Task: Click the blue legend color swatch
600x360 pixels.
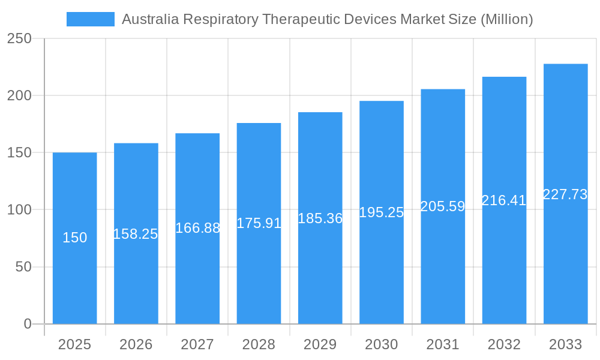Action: pyautogui.click(x=90, y=19)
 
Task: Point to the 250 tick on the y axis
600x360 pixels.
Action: pyautogui.click(x=19, y=38)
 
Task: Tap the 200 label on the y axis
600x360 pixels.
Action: pyautogui.click(x=19, y=95)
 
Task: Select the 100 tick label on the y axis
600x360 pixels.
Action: pyautogui.click(x=19, y=210)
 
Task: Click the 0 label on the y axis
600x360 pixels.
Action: pyautogui.click(x=28, y=324)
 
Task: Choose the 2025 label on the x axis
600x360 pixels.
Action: pyautogui.click(x=74, y=344)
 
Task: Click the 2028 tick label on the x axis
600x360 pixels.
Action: pyautogui.click(x=259, y=344)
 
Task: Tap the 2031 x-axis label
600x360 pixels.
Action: pyautogui.click(x=443, y=344)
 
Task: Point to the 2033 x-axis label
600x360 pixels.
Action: pyautogui.click(x=565, y=344)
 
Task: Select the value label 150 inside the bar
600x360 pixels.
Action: pyautogui.click(x=74, y=238)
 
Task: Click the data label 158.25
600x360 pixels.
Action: pyautogui.click(x=136, y=234)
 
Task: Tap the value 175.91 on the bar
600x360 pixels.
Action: pyautogui.click(x=259, y=223)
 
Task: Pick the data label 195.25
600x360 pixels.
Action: pyautogui.click(x=382, y=212)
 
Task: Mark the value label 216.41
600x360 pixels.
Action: pyautogui.click(x=504, y=200)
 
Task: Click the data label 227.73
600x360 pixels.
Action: pyautogui.click(x=565, y=194)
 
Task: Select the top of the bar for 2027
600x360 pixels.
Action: pyautogui.click(x=197, y=134)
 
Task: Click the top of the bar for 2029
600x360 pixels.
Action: pyautogui.click(x=320, y=113)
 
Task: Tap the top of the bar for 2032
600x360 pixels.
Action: pyautogui.click(x=504, y=77)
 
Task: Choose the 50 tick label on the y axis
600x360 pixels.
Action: pyautogui.click(x=23, y=267)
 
